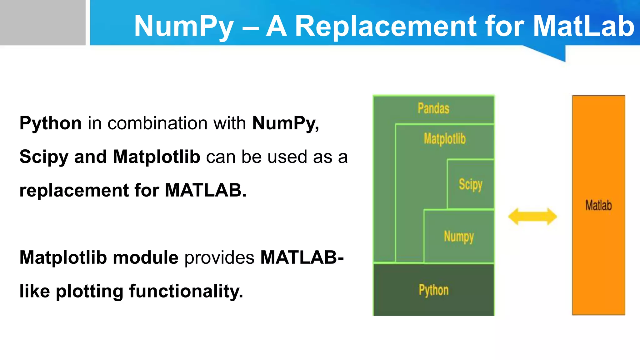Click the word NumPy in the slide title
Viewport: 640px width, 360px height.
tap(184, 27)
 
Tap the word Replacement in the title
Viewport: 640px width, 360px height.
tap(386, 26)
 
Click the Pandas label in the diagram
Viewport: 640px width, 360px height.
tap(433, 108)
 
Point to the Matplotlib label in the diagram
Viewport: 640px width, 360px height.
tap(445, 139)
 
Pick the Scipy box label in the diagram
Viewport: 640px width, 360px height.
tap(470, 184)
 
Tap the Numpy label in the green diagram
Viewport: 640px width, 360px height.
tap(459, 237)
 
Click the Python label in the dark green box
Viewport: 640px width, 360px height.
tap(433, 290)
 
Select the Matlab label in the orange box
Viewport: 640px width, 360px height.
tap(598, 205)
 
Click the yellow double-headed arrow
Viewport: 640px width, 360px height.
tap(532, 217)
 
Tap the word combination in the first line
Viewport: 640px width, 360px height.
tap(157, 123)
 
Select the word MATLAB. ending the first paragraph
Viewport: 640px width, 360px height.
tap(206, 190)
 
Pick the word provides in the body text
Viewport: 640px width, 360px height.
tap(219, 258)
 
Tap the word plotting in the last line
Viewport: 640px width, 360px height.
tap(89, 292)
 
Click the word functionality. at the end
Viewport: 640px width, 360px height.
tap(186, 291)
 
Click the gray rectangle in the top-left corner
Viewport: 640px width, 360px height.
tap(42, 22)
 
